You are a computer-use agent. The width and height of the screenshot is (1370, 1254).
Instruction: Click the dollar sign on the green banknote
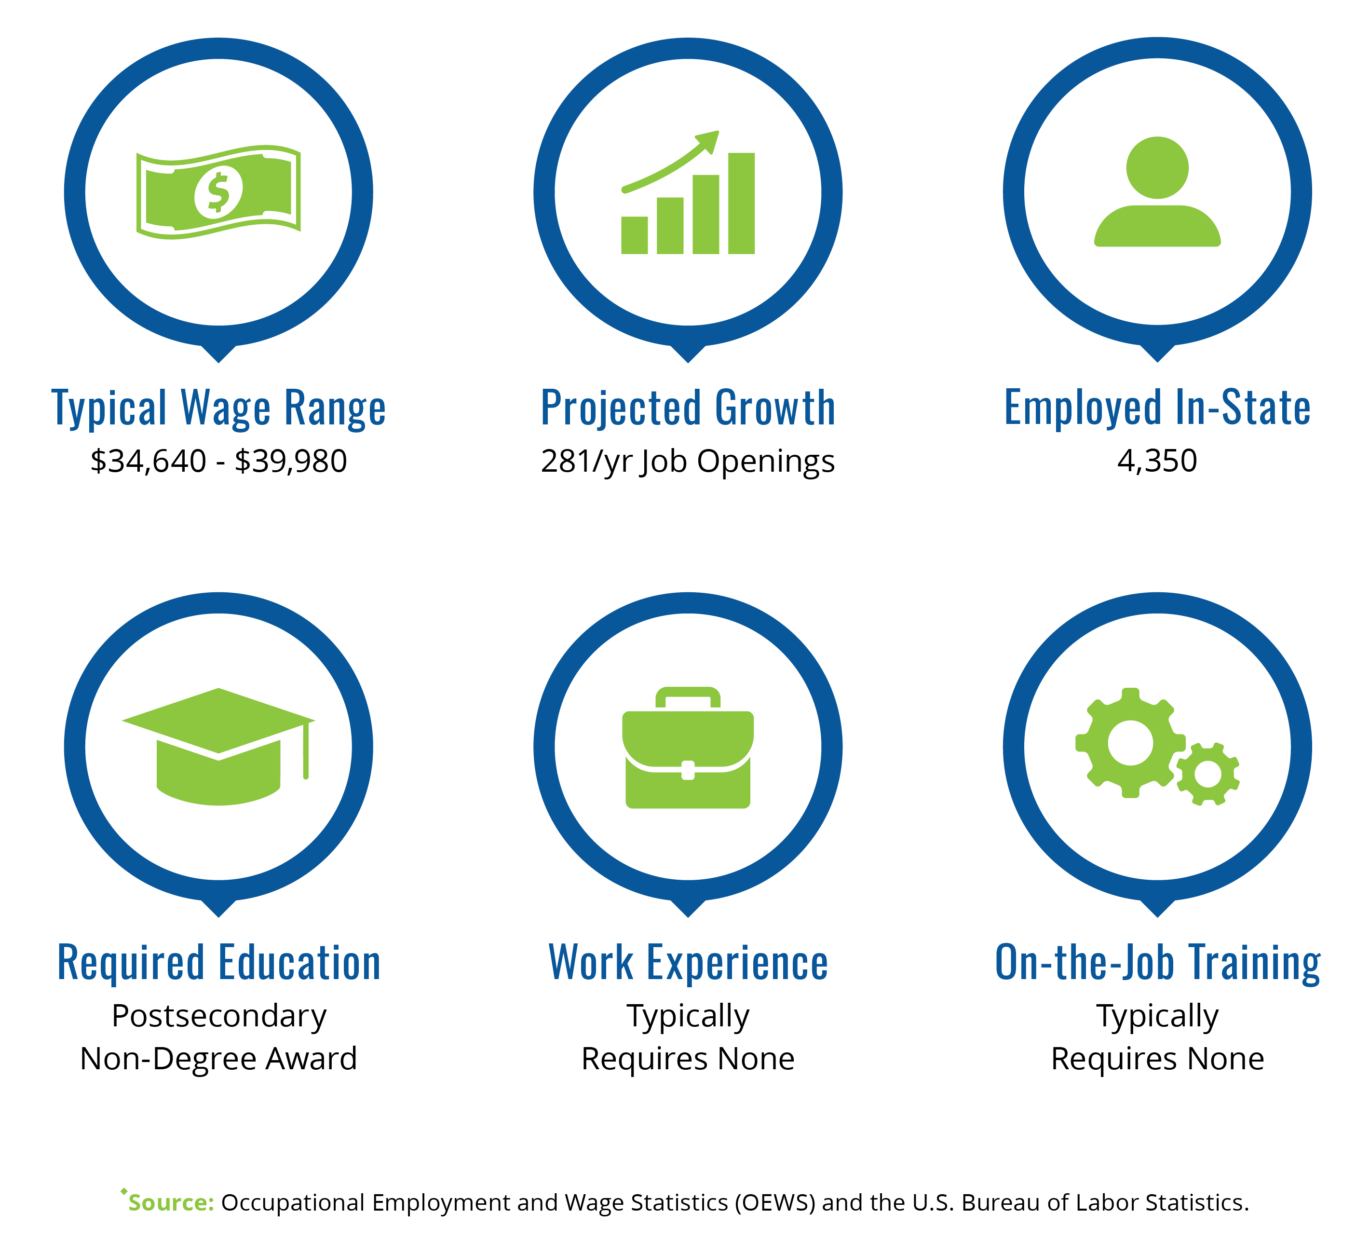[x=218, y=192]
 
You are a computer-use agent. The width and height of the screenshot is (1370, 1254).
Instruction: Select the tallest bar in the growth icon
[x=741, y=203]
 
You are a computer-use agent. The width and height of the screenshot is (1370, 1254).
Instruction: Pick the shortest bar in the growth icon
[x=634, y=235]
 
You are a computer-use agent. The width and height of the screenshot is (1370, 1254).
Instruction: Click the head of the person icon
[x=1157, y=168]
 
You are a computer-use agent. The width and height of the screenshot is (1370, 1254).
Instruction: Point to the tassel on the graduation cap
[x=306, y=750]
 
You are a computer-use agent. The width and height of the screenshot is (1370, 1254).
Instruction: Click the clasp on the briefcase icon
[x=688, y=770]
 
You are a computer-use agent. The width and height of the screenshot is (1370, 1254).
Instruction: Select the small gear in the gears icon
[x=1207, y=774]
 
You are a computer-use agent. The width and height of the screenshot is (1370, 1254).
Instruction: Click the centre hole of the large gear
[x=1130, y=743]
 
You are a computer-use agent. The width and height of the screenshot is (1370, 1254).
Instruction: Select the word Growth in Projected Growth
[x=775, y=408]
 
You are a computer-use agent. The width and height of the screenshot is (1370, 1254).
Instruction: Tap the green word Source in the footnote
[x=171, y=1202]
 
